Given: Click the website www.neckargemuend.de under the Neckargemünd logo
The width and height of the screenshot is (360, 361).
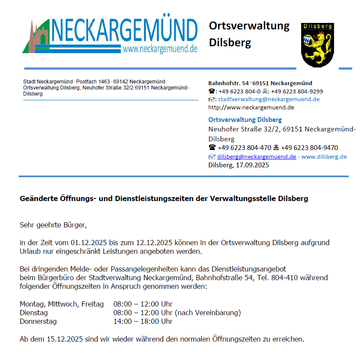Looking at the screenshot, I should click(x=160, y=49).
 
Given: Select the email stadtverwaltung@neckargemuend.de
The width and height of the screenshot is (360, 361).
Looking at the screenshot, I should click(x=268, y=99).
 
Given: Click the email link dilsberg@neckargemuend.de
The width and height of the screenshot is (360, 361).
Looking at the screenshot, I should click(x=257, y=157).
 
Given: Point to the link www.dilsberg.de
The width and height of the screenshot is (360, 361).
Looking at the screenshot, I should click(x=324, y=157).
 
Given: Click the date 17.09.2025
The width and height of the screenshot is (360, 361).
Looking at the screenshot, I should click(x=254, y=165).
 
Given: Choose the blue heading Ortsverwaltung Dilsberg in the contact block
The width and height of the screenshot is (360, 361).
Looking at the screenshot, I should click(x=245, y=120).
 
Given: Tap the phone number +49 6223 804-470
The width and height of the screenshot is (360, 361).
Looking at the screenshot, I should click(x=244, y=148).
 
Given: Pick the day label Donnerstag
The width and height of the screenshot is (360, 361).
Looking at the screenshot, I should click(x=38, y=321).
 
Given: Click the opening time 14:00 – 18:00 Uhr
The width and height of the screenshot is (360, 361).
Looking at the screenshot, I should click(x=143, y=321).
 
